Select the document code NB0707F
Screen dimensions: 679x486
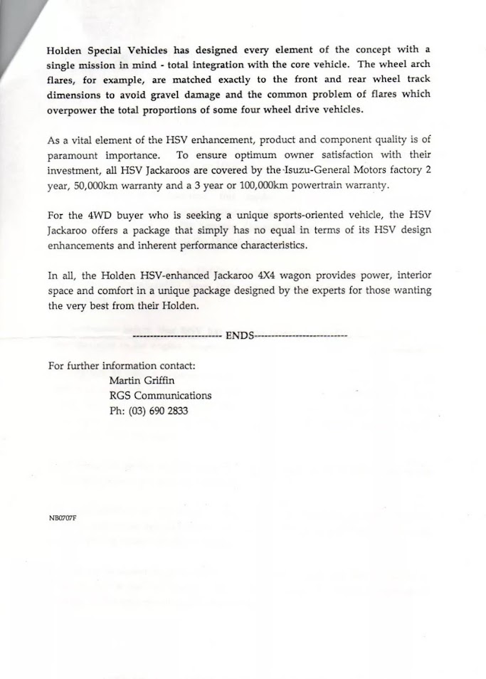(61, 517)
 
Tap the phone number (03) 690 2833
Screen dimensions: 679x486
(148, 411)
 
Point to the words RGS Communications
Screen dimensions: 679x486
(160, 396)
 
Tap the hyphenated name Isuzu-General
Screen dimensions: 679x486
(340, 171)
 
